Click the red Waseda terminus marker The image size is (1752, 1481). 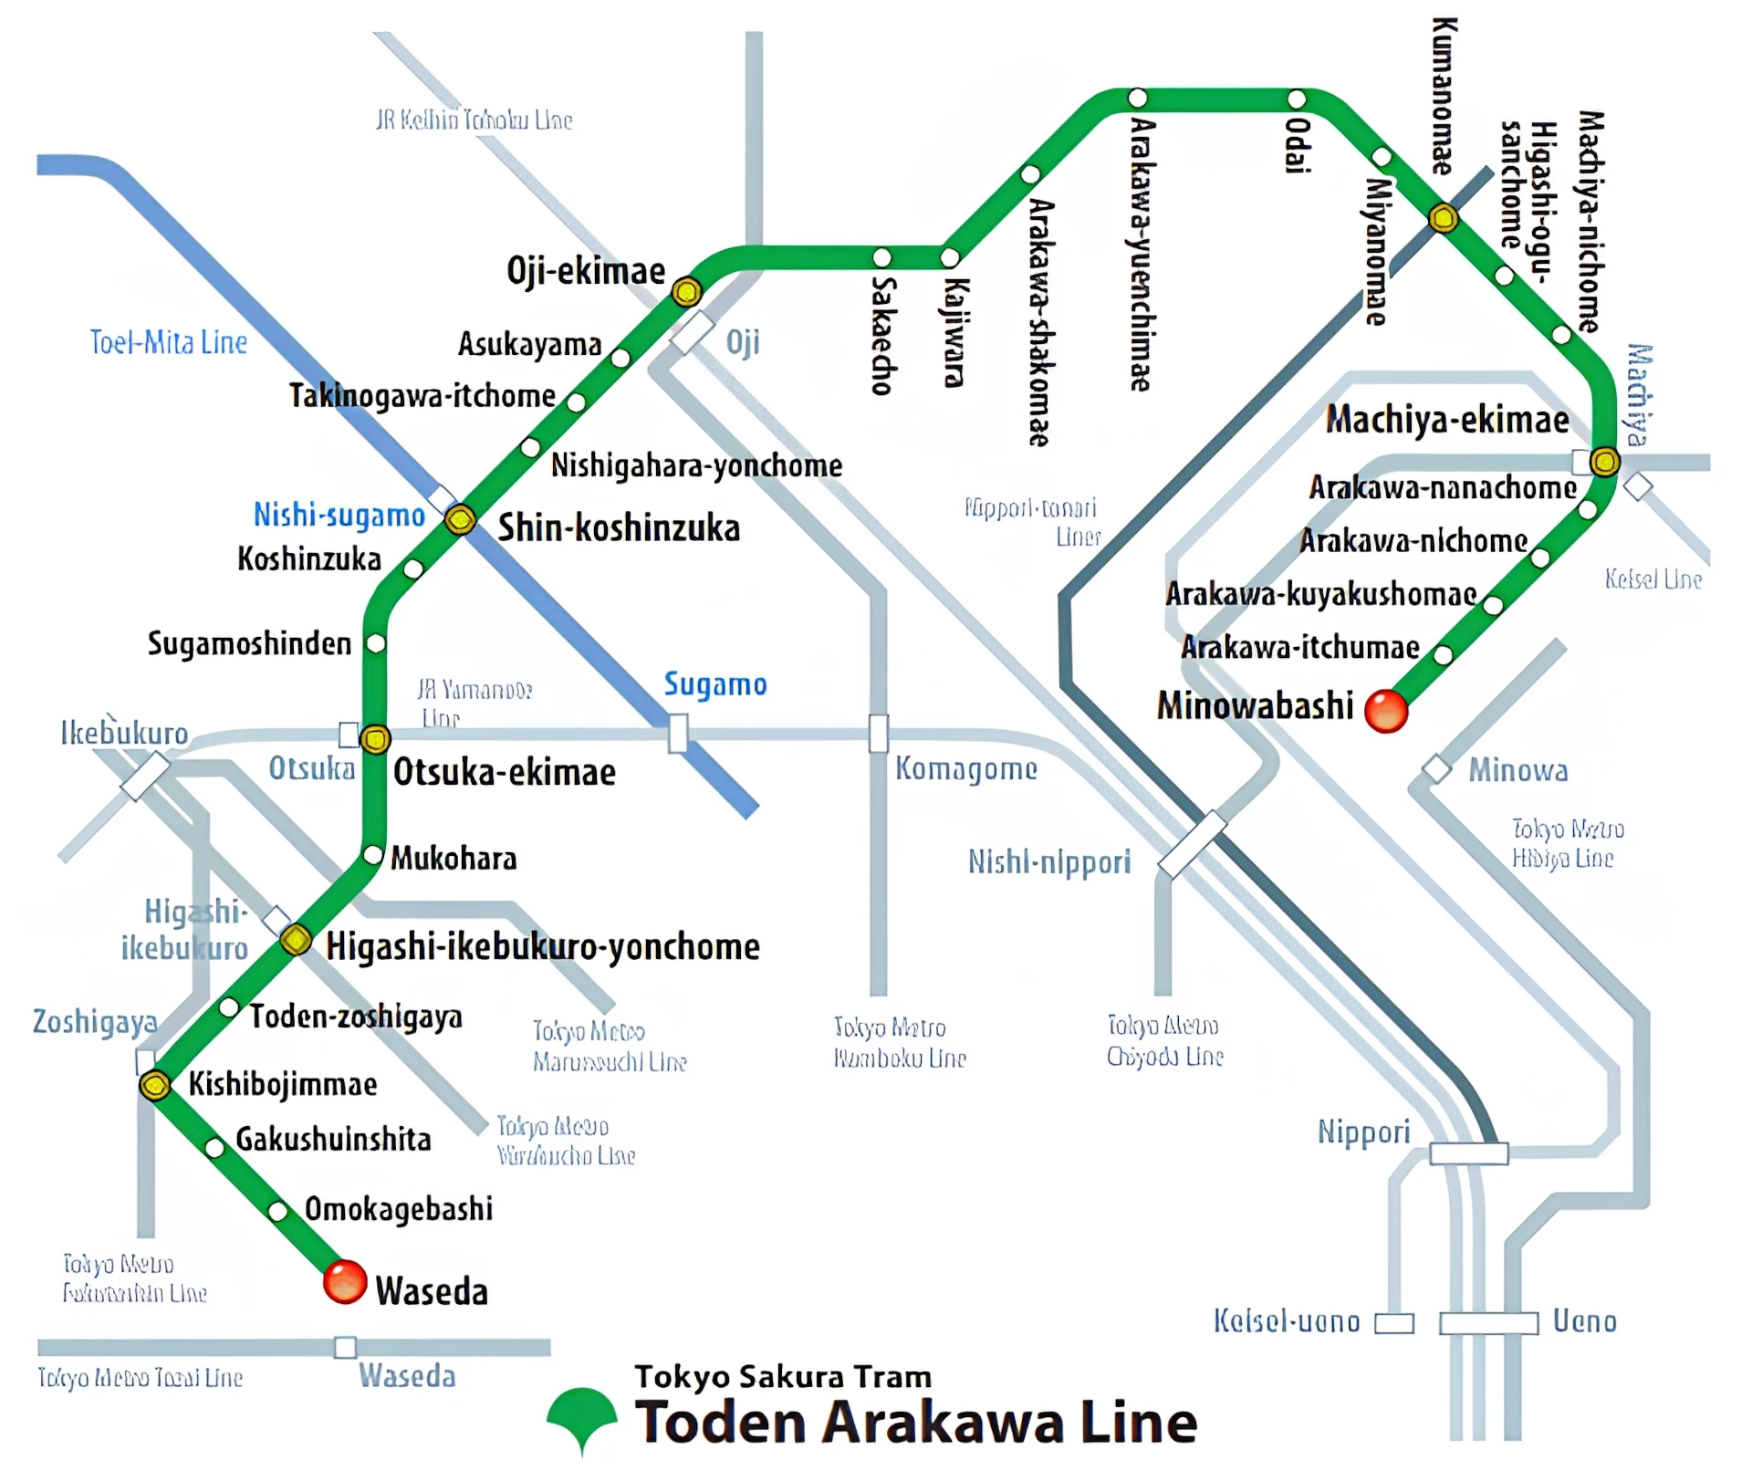[345, 1281]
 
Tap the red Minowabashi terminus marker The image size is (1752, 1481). [1386, 711]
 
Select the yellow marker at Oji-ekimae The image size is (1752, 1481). [686, 292]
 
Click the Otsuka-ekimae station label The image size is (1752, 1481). [504, 772]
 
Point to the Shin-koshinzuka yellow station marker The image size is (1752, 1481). [461, 519]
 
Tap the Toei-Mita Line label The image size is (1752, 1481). [168, 342]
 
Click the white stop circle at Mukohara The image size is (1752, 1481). [372, 855]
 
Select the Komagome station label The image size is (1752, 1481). [965, 768]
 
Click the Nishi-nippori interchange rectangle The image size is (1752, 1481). [1192, 844]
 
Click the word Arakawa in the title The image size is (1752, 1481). [944, 1423]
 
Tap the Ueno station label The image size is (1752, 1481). [1584, 1320]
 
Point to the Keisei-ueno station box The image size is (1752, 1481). [1394, 1323]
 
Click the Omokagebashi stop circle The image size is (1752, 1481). [278, 1211]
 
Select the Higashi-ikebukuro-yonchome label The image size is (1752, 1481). [543, 946]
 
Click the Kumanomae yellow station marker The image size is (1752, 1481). [1444, 218]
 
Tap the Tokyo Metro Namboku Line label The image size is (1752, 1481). [899, 1043]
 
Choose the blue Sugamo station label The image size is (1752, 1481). [714, 683]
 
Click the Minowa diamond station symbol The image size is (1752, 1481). [1436, 769]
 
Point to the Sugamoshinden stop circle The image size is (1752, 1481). [375, 643]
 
